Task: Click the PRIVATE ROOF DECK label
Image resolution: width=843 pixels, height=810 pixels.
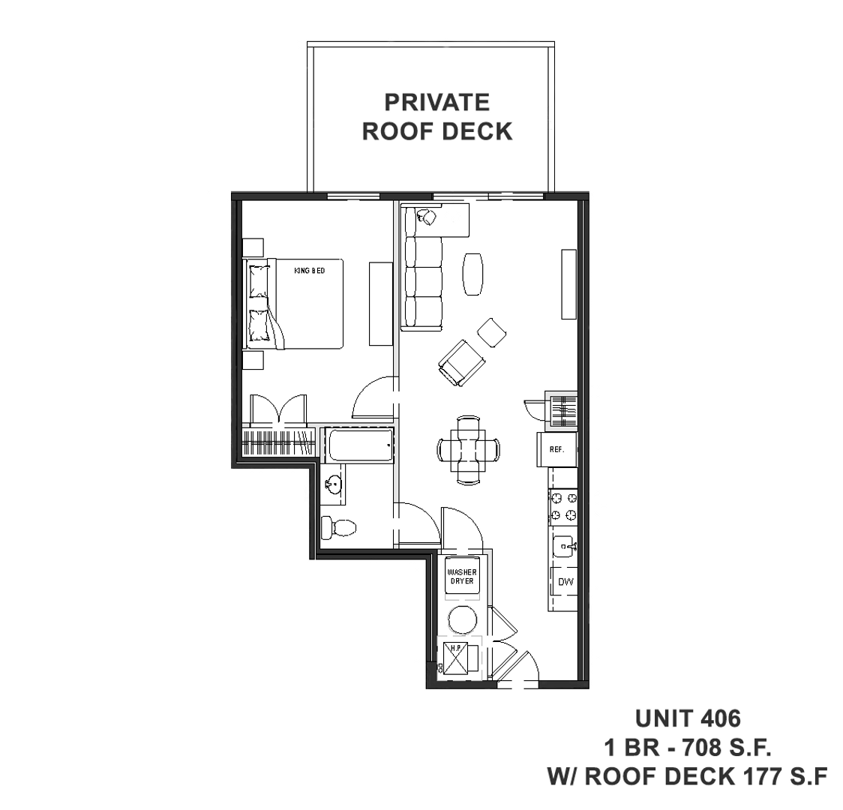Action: tap(436, 116)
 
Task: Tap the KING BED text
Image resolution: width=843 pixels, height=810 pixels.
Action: tap(310, 270)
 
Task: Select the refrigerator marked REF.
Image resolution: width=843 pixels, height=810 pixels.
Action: tap(556, 449)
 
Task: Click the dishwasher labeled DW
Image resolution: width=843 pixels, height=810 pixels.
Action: tap(565, 582)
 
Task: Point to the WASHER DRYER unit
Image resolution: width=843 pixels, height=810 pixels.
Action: tap(462, 577)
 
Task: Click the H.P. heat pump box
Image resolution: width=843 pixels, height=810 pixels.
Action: tap(456, 658)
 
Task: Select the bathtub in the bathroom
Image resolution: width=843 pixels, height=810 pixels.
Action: tap(361, 446)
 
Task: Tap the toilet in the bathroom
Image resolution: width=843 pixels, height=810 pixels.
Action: tap(337, 527)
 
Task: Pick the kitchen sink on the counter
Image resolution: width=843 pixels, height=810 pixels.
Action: tap(565, 548)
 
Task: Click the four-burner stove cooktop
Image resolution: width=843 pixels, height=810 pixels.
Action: tap(563, 505)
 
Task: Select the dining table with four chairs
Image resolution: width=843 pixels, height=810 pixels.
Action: tap(469, 450)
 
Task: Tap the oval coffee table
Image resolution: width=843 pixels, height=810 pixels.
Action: tap(473, 274)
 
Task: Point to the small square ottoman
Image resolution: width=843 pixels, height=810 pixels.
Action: tap(492, 332)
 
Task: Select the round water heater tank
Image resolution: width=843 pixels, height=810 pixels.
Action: tap(462, 620)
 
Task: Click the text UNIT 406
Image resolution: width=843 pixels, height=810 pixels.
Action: tap(687, 718)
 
